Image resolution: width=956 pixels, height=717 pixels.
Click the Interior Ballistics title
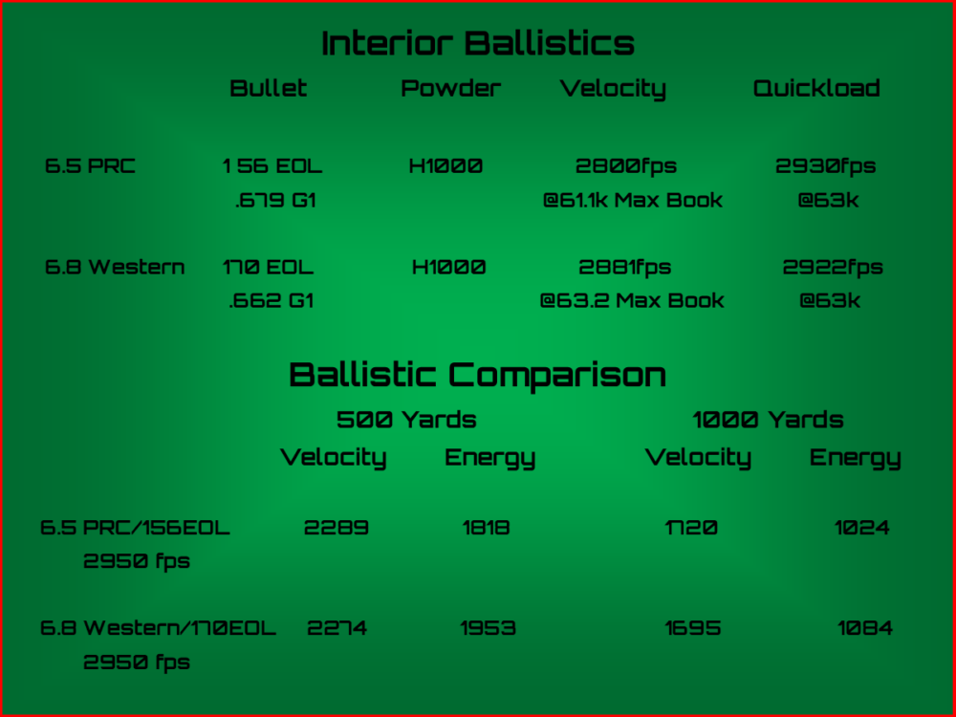click(x=478, y=43)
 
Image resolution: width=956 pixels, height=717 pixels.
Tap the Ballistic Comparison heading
click(x=477, y=376)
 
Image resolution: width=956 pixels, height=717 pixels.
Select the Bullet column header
click(x=269, y=88)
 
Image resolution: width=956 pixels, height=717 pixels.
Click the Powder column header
click(x=450, y=88)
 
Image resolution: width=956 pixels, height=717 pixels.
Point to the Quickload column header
click(x=816, y=88)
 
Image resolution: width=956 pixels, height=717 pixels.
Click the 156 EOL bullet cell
click(x=272, y=165)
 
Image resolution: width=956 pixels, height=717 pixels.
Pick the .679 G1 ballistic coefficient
click(x=275, y=200)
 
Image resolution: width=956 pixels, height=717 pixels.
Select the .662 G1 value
click(x=272, y=300)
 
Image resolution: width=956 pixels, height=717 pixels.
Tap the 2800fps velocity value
click(x=626, y=165)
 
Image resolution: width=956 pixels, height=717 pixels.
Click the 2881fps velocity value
click(x=625, y=267)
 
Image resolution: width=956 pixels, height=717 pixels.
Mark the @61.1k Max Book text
click(x=633, y=200)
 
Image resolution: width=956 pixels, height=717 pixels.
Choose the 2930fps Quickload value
click(x=826, y=165)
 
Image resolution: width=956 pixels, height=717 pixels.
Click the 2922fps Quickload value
click(x=833, y=267)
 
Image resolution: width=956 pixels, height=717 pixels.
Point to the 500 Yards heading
click(x=406, y=420)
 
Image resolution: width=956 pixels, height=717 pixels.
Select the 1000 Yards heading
click(x=769, y=420)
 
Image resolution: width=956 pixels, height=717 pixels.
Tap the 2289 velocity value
click(x=337, y=528)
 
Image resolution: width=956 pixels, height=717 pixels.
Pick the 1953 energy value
click(x=489, y=628)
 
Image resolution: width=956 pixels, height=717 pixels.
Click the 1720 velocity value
click(x=691, y=528)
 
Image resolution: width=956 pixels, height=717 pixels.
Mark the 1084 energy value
click(x=865, y=628)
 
